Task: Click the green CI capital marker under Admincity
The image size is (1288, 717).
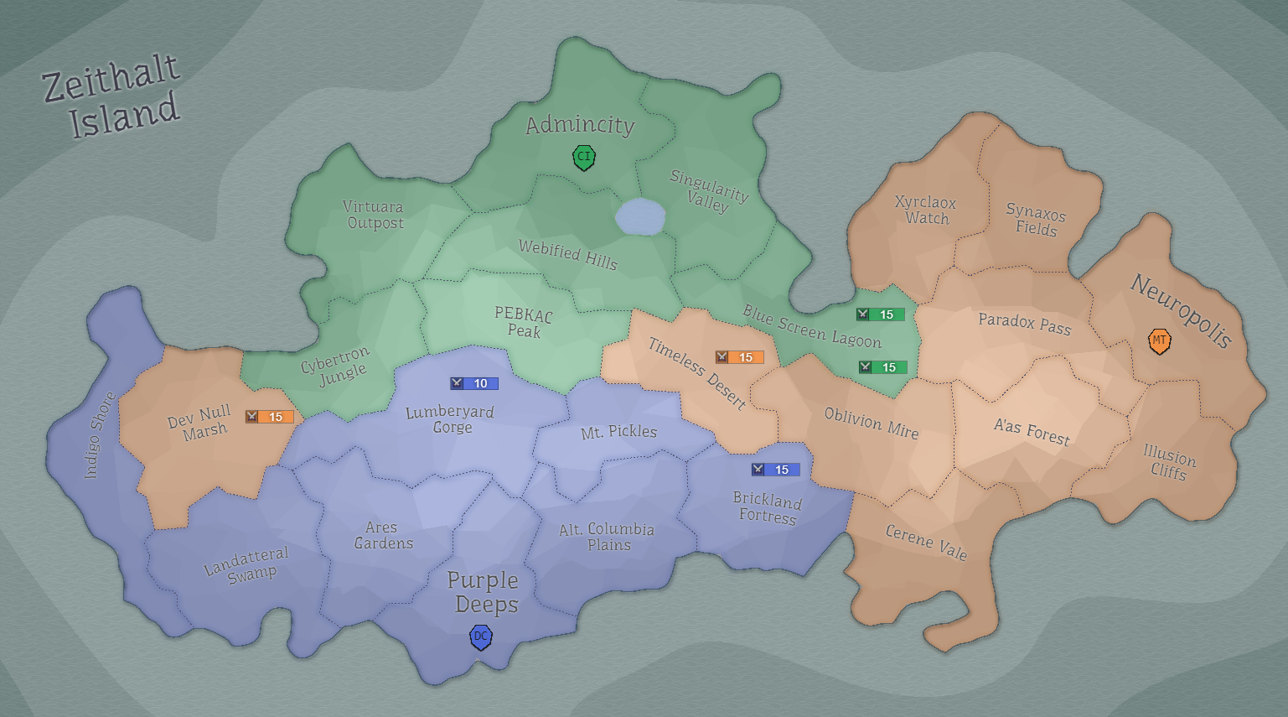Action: [584, 157]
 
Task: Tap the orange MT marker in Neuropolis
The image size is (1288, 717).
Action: [1159, 341]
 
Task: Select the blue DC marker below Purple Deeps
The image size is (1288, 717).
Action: [480, 637]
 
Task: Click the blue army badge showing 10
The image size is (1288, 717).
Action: [474, 383]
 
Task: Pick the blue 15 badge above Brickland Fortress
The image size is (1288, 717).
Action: [775, 470]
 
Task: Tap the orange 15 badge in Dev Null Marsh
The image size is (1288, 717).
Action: [269, 417]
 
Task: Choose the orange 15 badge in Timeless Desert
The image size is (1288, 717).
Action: [739, 357]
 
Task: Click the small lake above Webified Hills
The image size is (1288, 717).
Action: [640, 217]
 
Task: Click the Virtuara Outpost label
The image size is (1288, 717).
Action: [375, 215]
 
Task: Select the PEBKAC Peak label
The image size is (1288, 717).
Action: [524, 322]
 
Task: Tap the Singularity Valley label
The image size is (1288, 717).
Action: [708, 191]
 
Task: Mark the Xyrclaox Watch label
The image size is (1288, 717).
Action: [926, 210]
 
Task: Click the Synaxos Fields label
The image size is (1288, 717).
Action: [1036, 220]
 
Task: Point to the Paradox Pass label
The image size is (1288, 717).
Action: [1024, 323]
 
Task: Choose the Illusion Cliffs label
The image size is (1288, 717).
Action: [1169, 463]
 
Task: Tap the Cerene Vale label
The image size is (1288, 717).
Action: [926, 543]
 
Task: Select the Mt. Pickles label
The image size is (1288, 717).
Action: [618, 432]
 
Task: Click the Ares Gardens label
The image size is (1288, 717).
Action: [382, 535]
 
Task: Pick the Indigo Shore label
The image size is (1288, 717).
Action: [99, 436]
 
